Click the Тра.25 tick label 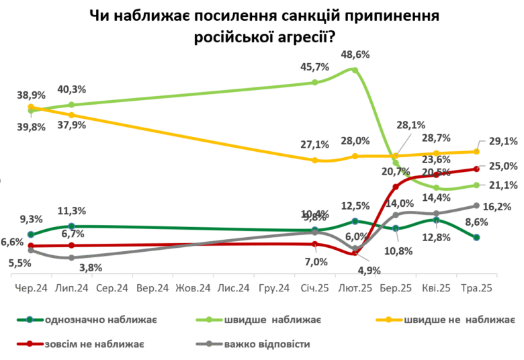[x=476, y=287]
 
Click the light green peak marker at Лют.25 [x=355, y=69]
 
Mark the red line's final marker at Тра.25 [x=476, y=169]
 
